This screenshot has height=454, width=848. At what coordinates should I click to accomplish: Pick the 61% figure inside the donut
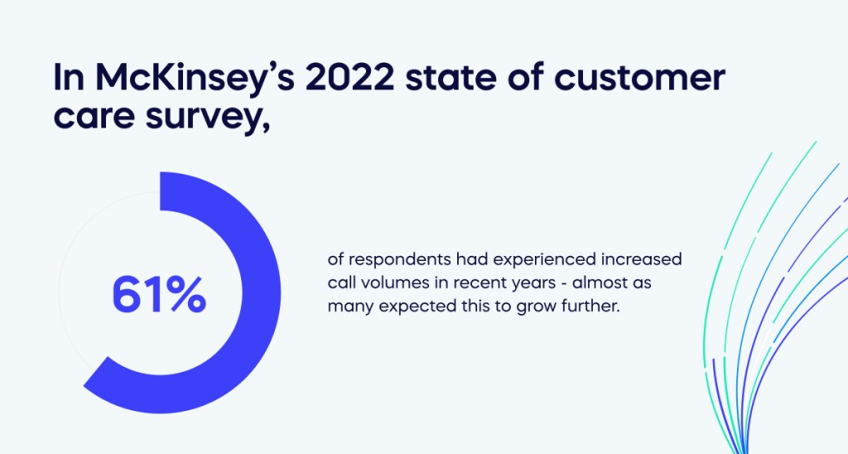tap(158, 294)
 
